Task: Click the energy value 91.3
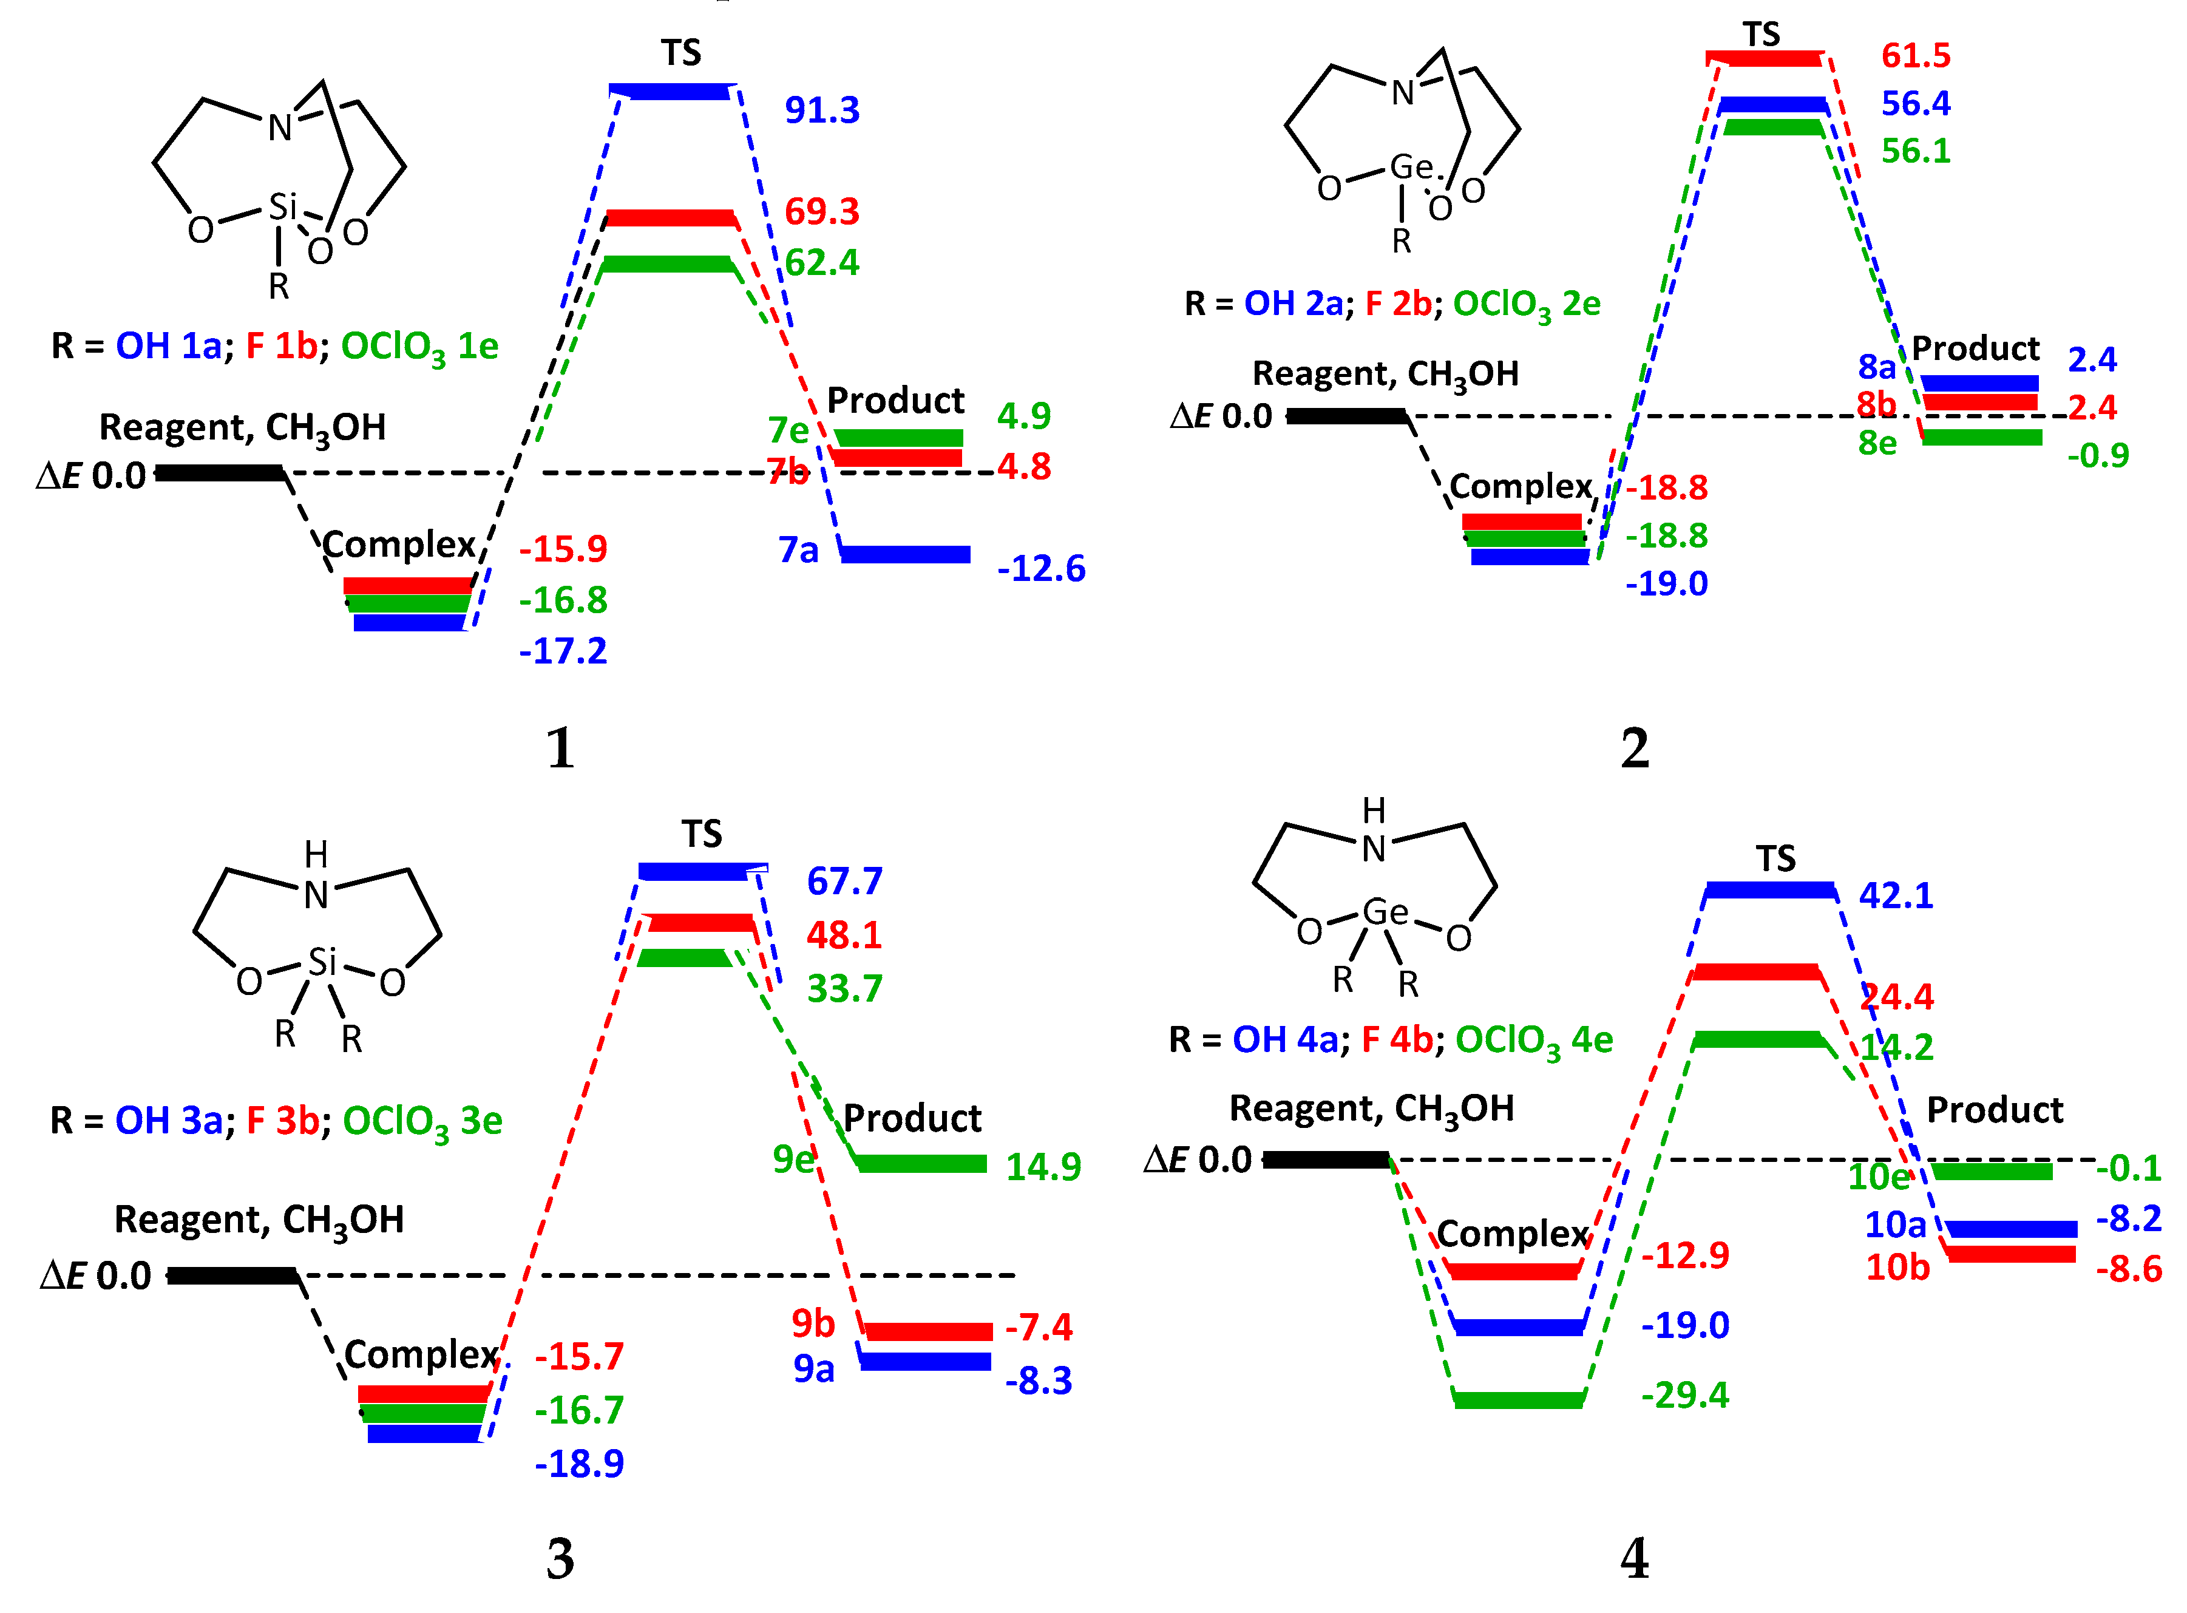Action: (x=822, y=110)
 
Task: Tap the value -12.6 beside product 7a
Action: (x=1041, y=568)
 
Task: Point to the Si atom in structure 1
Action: (x=282, y=207)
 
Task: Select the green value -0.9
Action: (x=2097, y=455)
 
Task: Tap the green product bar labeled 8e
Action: (x=1982, y=438)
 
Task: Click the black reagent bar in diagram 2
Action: (x=1348, y=416)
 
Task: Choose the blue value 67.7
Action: (x=844, y=881)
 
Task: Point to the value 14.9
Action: (x=1043, y=1167)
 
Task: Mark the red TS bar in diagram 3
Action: (x=701, y=923)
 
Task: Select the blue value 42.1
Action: (x=1895, y=895)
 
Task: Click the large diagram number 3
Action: (x=560, y=1560)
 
